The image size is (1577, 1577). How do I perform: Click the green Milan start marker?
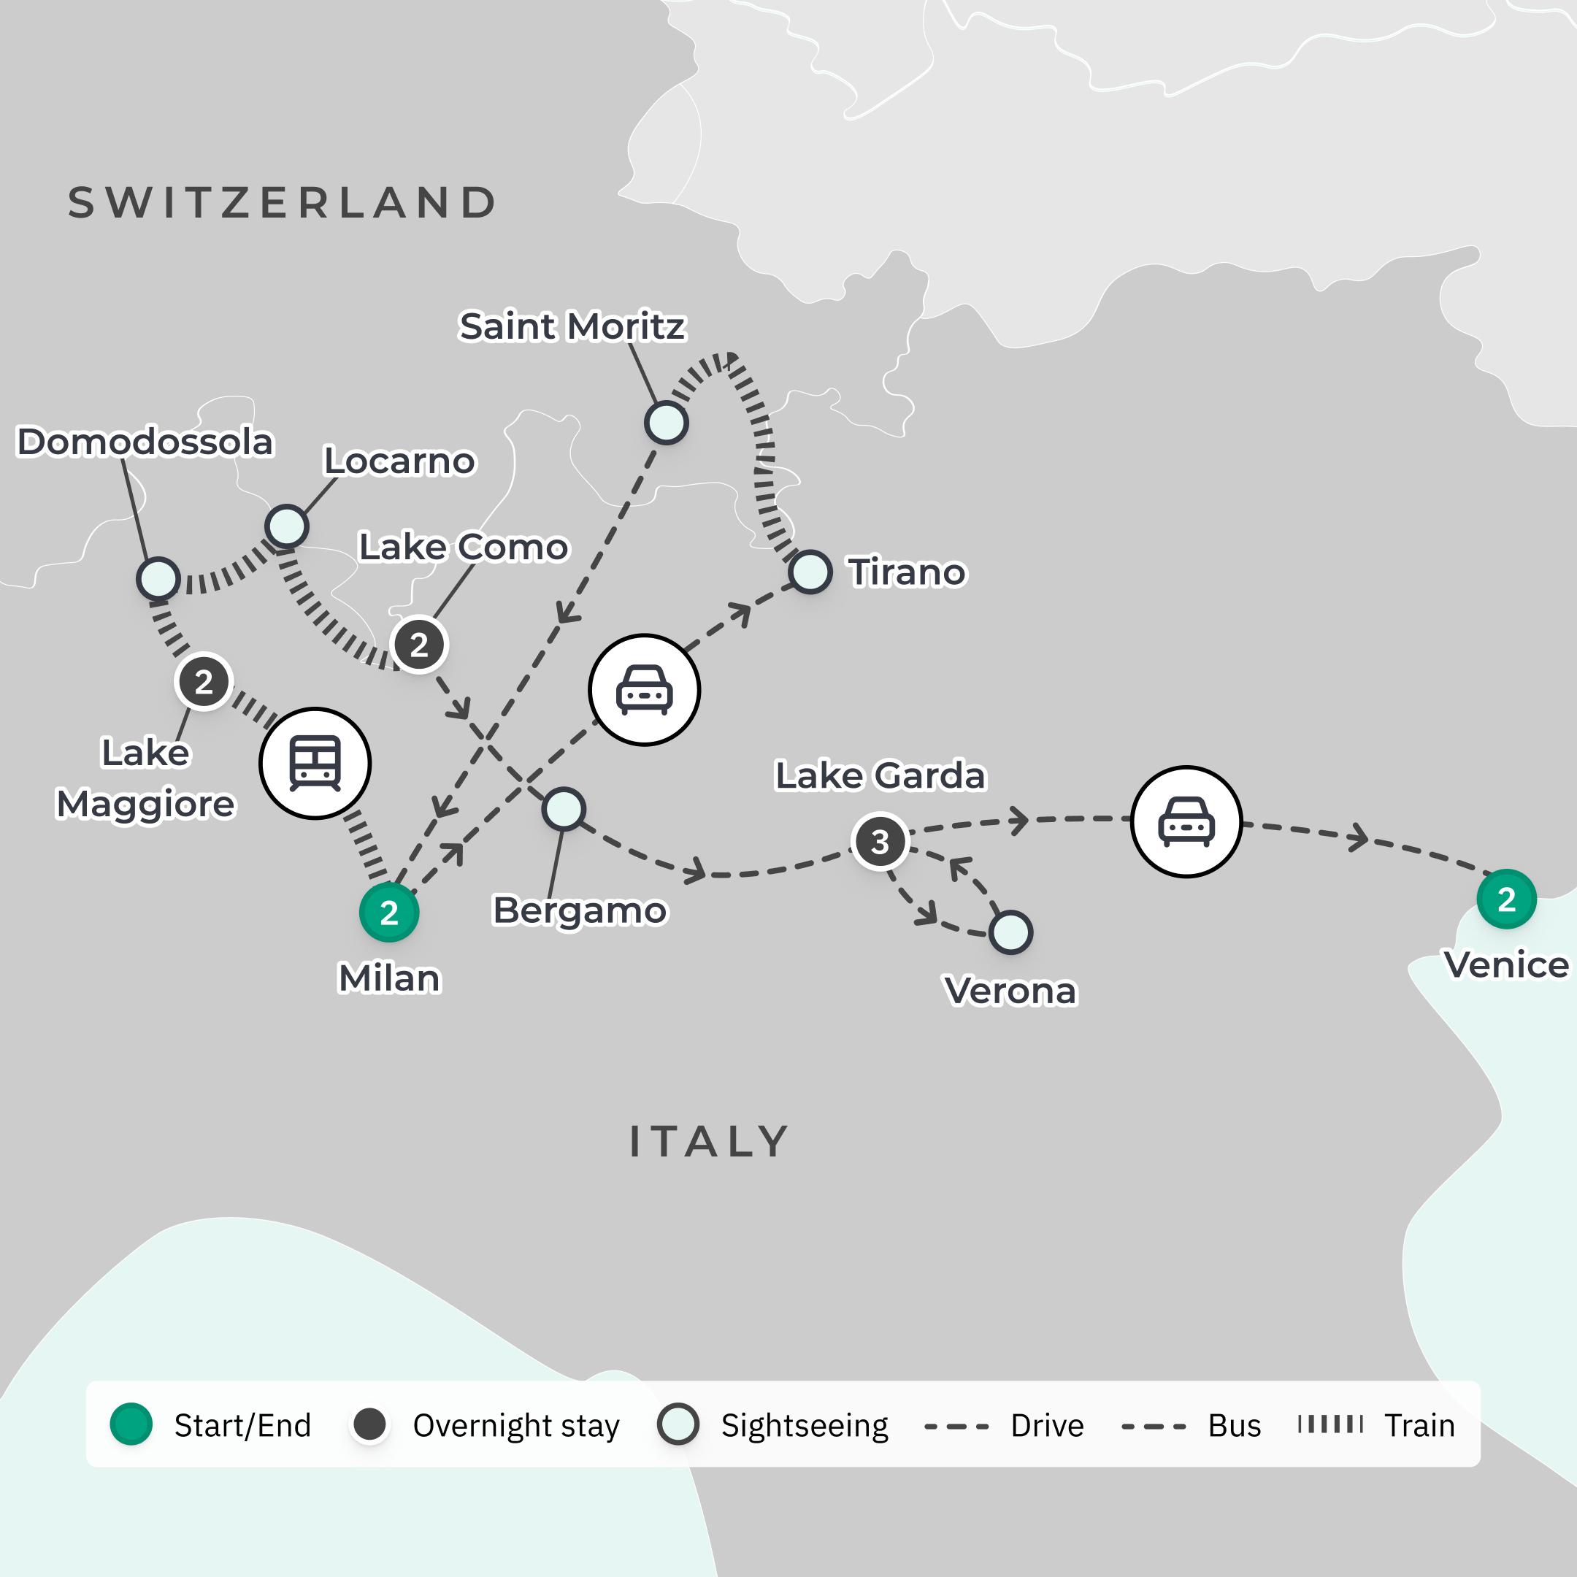389,912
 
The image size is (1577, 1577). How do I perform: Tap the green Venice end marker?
1506,899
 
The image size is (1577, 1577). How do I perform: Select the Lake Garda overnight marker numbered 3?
879,842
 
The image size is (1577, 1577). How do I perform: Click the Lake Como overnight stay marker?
419,645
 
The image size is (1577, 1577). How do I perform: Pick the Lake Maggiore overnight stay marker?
203,682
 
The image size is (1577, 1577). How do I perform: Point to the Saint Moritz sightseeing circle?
666,423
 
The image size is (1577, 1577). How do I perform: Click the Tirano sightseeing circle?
810,572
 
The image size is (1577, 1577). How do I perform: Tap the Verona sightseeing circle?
1010,932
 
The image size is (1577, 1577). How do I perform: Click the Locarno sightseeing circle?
286,526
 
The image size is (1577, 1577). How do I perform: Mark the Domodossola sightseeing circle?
158,579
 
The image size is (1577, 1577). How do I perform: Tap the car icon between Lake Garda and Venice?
1186,821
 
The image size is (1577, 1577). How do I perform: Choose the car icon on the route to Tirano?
644,690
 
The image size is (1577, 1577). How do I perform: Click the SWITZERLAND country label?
283,202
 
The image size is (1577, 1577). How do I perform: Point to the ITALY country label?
708,1141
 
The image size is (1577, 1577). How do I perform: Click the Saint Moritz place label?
572,326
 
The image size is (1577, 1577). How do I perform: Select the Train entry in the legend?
1419,1425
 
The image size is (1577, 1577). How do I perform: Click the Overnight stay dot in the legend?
369,1424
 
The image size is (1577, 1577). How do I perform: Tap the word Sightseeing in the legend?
804,1425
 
